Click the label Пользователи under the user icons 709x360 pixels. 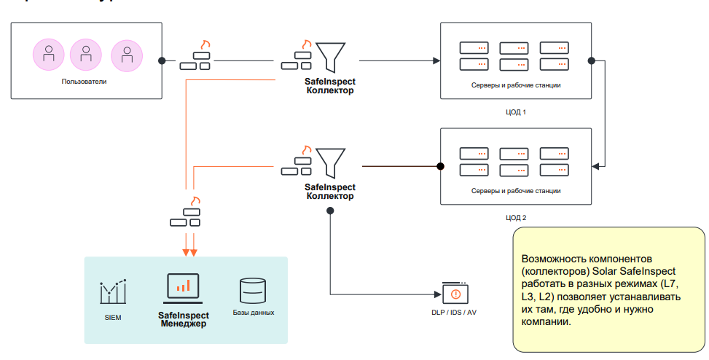(x=85, y=82)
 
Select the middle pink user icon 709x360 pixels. (x=85, y=54)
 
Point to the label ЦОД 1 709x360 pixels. (x=515, y=112)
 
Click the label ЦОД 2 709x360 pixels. (x=515, y=217)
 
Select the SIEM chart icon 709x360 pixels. (x=114, y=291)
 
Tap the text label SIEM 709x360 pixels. (x=114, y=318)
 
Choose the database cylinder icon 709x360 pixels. (x=253, y=291)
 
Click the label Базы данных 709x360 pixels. (x=254, y=313)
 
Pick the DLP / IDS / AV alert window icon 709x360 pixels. (x=455, y=292)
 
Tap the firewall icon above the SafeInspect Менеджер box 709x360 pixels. (x=187, y=216)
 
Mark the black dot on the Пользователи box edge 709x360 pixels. (x=162, y=60)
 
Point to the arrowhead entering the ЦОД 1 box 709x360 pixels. (x=436, y=60)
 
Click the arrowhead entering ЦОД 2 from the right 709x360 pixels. (x=596, y=167)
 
